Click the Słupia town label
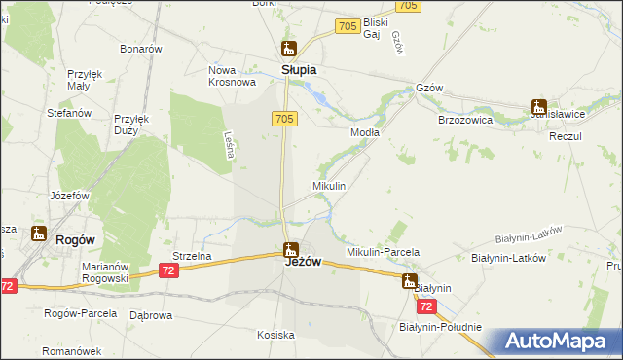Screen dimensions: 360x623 [299, 71]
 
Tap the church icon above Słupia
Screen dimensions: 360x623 [288, 48]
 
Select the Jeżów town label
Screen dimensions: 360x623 [303, 262]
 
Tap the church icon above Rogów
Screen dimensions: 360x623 [39, 233]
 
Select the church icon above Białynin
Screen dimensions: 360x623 [410, 281]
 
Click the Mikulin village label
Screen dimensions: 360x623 [329, 185]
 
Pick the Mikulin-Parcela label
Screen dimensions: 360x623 [384, 252]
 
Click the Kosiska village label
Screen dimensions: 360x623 [275, 335]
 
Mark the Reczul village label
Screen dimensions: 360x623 [565, 136]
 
